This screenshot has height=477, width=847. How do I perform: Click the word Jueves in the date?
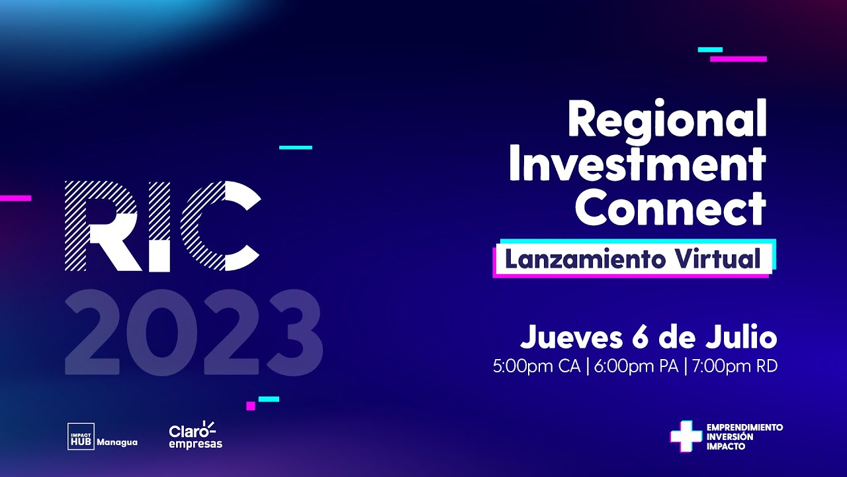point(569,337)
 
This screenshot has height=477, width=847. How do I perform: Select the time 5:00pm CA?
point(536,366)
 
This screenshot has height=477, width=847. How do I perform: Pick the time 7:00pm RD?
point(735,366)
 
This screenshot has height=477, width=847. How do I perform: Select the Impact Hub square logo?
point(81,437)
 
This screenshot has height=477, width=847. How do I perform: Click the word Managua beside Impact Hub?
point(117,442)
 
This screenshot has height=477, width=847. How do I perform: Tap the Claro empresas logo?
point(195,435)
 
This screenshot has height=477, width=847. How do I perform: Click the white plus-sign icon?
point(686,436)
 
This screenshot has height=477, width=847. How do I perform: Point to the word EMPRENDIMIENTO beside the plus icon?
point(744,427)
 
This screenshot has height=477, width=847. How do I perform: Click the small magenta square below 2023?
point(251,405)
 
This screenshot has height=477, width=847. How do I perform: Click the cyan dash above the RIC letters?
point(295,147)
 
